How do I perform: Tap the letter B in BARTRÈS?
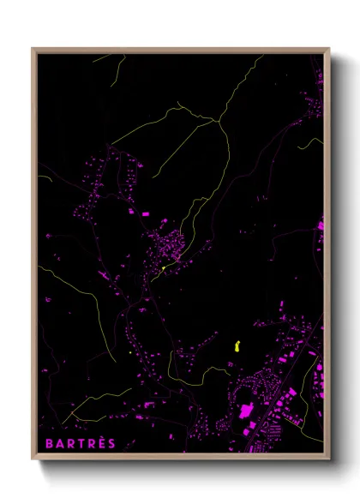[x=48, y=443]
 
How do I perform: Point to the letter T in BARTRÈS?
[x=79, y=443]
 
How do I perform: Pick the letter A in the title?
[x=58, y=443]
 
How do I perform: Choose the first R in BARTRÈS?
[x=69, y=443]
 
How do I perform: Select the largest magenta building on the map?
[x=246, y=411]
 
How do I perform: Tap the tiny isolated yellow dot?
[x=129, y=351]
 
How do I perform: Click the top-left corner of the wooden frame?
[x=33, y=50]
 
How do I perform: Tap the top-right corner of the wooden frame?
[x=328, y=50]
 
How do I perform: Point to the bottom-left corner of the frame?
[x=33, y=459]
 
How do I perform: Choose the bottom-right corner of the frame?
[x=328, y=459]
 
